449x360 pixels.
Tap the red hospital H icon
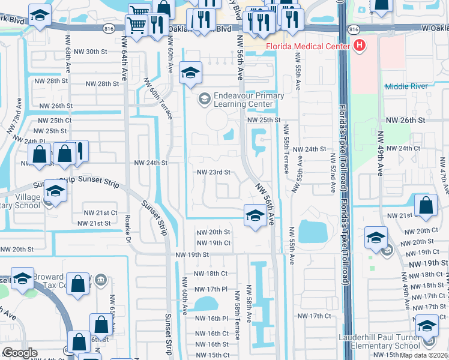pyautogui.click(x=360, y=44)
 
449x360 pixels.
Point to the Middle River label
pyautogui.click(x=406, y=86)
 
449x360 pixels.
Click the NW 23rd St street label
pyautogui.click(x=214, y=172)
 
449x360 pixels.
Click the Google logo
pyautogui.click(x=20, y=353)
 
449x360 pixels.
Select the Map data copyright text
pyautogui.click(x=423, y=355)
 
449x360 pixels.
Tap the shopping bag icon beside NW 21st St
pyautogui.click(x=426, y=205)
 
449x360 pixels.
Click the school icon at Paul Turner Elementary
pyautogui.click(x=427, y=328)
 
